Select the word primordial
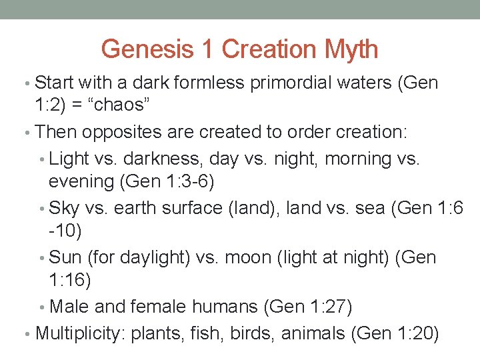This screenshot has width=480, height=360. click(281, 83)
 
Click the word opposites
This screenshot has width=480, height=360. click(123, 132)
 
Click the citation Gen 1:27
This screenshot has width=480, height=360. click(308, 307)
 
